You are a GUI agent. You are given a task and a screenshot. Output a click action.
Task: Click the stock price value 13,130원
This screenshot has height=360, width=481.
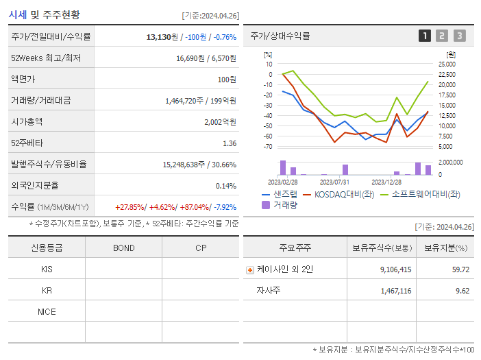pyautogui.click(x=163, y=36)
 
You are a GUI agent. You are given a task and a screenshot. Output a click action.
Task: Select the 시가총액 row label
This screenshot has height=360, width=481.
pyautogui.click(x=27, y=121)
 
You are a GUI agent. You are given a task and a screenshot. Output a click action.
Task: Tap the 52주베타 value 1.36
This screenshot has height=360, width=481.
pyautogui.click(x=230, y=143)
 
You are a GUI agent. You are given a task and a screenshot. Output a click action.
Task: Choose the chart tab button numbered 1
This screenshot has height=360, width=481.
pyautogui.click(x=425, y=36)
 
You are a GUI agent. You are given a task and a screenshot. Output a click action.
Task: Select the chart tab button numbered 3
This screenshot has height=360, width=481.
pyautogui.click(x=459, y=36)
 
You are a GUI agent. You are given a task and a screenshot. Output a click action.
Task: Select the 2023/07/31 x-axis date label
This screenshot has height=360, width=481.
pyautogui.click(x=335, y=182)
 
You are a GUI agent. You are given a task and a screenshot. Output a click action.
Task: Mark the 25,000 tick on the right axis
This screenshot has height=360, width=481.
pyautogui.click(x=447, y=64)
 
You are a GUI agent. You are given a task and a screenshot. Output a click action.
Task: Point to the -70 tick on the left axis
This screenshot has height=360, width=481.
pyautogui.click(x=268, y=146)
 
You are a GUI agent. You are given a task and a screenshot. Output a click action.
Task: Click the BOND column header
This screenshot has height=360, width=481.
pyautogui.click(x=123, y=248)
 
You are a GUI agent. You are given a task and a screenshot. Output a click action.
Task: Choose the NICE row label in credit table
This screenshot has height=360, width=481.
pyautogui.click(x=47, y=311)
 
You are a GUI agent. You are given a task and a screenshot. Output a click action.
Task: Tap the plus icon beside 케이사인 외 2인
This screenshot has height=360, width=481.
pyautogui.click(x=250, y=269)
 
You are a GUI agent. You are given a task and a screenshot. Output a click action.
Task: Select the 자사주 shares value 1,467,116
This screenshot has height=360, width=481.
pyautogui.click(x=395, y=291)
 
